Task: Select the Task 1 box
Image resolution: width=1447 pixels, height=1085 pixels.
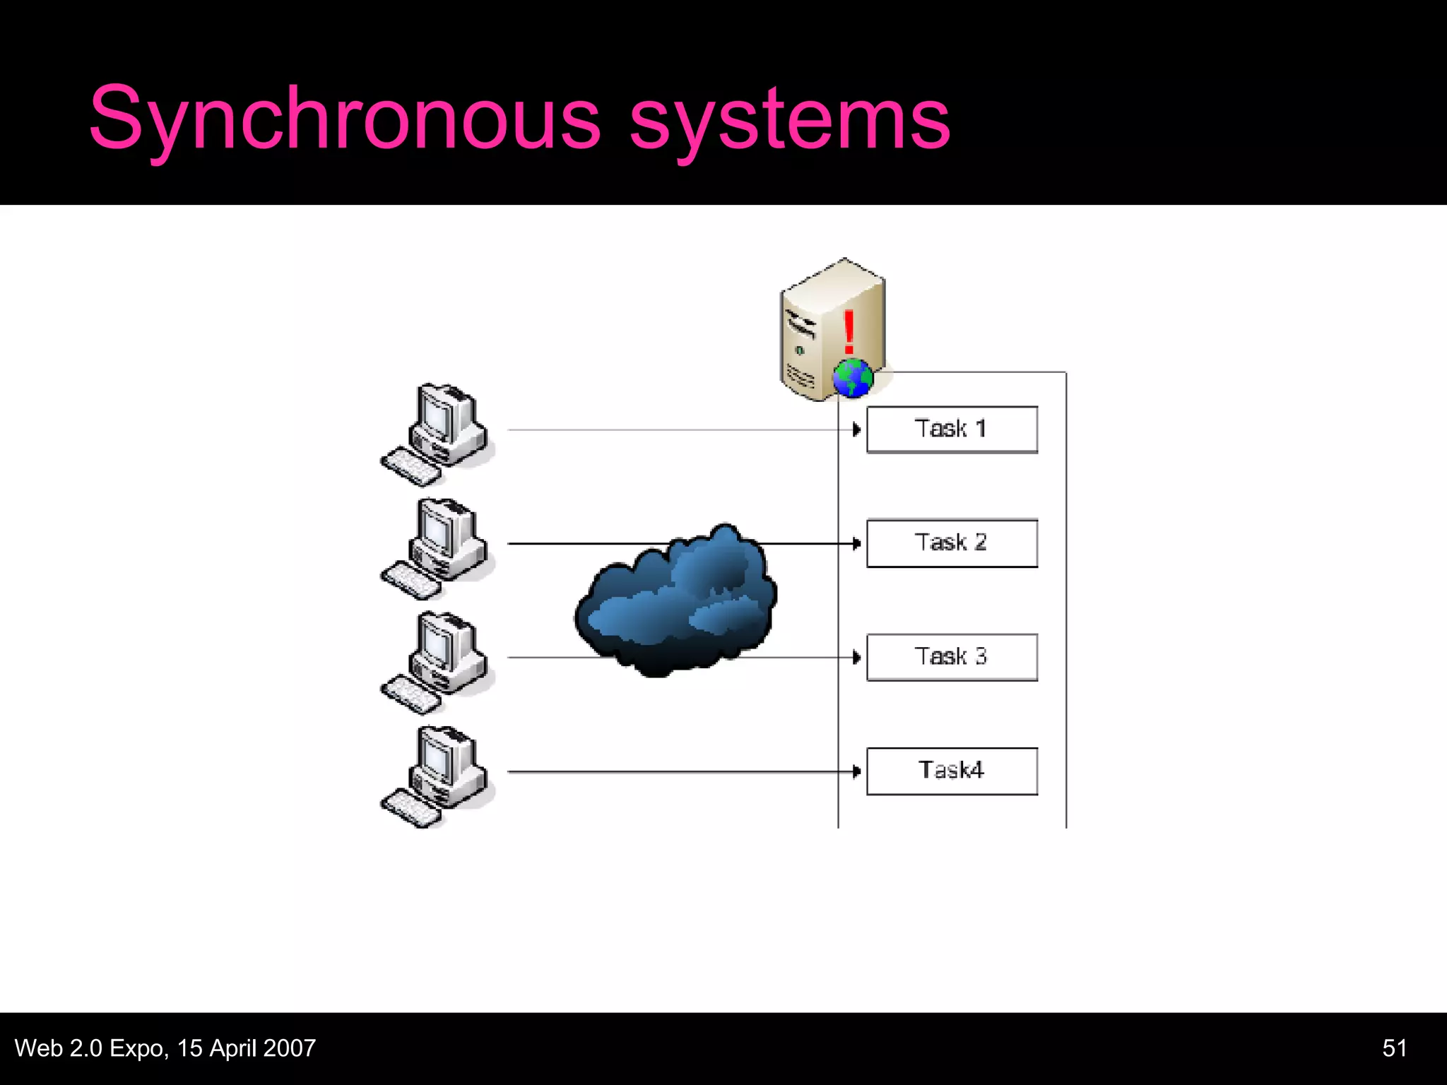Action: point(952,429)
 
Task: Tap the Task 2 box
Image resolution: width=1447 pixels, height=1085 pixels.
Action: point(952,543)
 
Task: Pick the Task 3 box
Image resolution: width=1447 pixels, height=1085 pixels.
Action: point(952,657)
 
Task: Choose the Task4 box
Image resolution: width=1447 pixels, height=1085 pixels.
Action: point(952,771)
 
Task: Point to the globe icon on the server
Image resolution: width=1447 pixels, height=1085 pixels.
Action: point(853,378)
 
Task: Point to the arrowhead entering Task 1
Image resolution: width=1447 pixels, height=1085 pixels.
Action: point(856,429)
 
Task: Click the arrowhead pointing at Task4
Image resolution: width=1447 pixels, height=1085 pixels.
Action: point(856,771)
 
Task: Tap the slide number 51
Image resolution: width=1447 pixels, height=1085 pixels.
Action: point(1394,1048)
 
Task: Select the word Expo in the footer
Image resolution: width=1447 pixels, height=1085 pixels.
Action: point(137,1048)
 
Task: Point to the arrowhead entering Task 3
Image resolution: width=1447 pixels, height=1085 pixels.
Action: point(856,658)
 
